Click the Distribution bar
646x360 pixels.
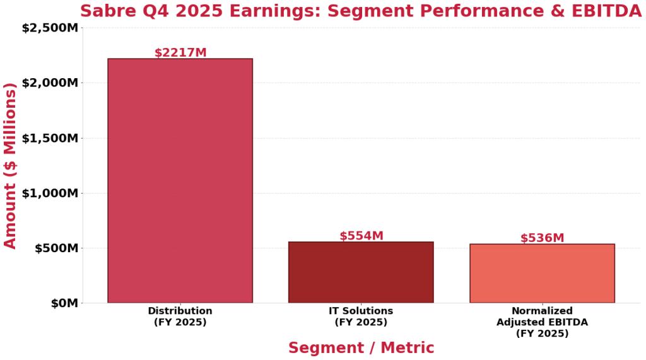pos(180,181)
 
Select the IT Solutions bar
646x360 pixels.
pos(361,272)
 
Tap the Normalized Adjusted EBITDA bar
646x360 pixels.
pos(542,274)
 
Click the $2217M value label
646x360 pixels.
pos(180,53)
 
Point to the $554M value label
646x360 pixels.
pos(361,236)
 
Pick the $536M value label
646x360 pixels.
pos(542,238)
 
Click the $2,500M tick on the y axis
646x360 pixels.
pos(50,28)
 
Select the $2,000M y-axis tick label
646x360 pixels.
pos(50,83)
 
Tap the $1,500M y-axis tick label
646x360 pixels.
pos(50,138)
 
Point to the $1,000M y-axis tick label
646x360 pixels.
pos(50,193)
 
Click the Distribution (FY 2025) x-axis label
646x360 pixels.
pos(180,316)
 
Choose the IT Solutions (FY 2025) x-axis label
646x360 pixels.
pos(361,316)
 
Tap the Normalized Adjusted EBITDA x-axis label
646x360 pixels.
pos(542,322)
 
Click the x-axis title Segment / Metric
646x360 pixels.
pos(361,348)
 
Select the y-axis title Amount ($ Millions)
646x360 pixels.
pos(11,165)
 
